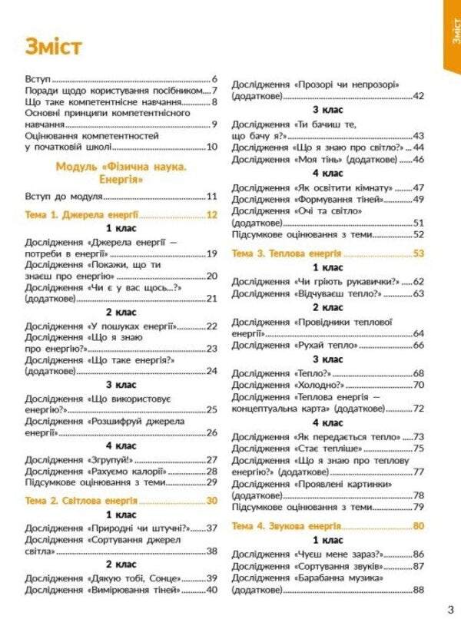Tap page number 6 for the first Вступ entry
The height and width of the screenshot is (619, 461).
click(214, 79)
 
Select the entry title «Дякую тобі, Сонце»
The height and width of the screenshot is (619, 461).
click(134, 578)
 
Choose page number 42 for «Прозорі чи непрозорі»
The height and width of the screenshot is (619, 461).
click(419, 96)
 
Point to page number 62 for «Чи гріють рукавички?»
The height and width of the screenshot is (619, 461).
click(419, 281)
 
